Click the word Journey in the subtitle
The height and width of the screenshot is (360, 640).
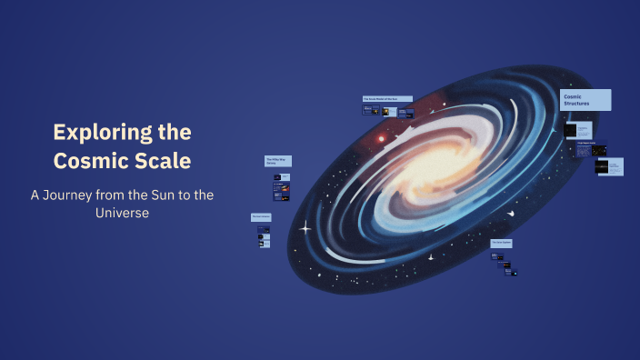point(76,195)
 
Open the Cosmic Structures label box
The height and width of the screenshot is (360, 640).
point(585,100)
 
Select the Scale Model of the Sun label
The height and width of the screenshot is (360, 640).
point(387,98)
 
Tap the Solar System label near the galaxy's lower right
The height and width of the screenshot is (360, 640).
point(503,244)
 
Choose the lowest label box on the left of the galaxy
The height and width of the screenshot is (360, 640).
point(262,216)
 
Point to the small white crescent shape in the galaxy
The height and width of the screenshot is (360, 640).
point(511,214)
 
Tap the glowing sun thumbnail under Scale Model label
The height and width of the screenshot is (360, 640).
point(386,112)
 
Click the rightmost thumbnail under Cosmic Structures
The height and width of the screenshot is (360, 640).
point(614,166)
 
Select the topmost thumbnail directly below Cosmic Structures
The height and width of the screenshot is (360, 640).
point(571,131)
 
